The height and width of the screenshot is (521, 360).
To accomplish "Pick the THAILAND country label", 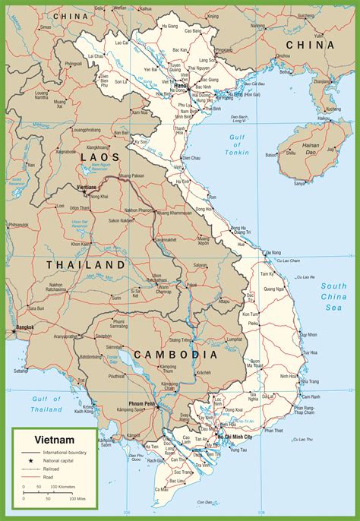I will (85, 264).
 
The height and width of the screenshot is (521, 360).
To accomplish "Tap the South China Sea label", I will (333, 297).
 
